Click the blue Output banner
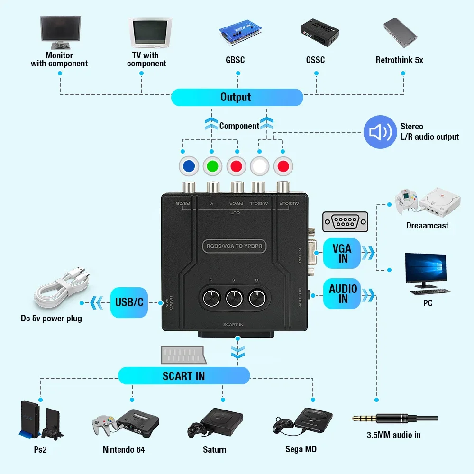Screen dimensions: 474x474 pos(236,97)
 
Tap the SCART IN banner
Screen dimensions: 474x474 pos(183,376)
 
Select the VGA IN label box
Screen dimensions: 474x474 pos(342,253)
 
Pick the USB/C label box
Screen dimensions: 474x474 pos(129,301)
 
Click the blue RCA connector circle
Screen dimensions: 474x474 pos(189,166)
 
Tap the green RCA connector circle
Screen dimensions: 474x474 pos(212,166)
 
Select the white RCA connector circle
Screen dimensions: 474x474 pos(260,166)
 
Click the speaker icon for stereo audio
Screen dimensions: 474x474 pos(380,132)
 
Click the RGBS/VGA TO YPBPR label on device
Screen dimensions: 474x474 pos(235,246)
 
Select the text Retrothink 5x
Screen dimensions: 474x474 pos(399,60)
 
